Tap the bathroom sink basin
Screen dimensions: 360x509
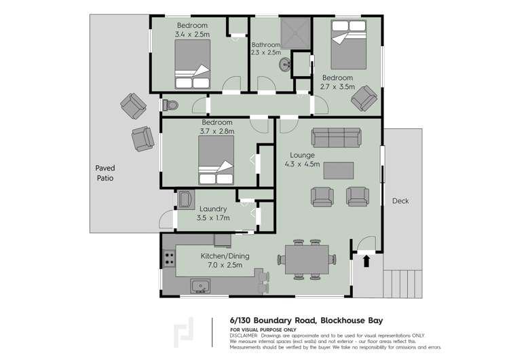(284, 65)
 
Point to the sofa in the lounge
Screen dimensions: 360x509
(336, 138)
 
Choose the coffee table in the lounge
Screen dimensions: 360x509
(339, 170)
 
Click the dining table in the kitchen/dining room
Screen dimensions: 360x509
(306, 259)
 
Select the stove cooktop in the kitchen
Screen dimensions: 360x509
(168, 258)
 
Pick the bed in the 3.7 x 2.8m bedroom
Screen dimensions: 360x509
(217, 160)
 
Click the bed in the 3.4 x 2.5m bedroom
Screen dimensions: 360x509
(193, 65)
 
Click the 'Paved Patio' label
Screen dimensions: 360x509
(105, 173)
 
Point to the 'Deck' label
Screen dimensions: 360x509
(400, 201)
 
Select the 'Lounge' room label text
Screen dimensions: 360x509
(302, 155)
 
